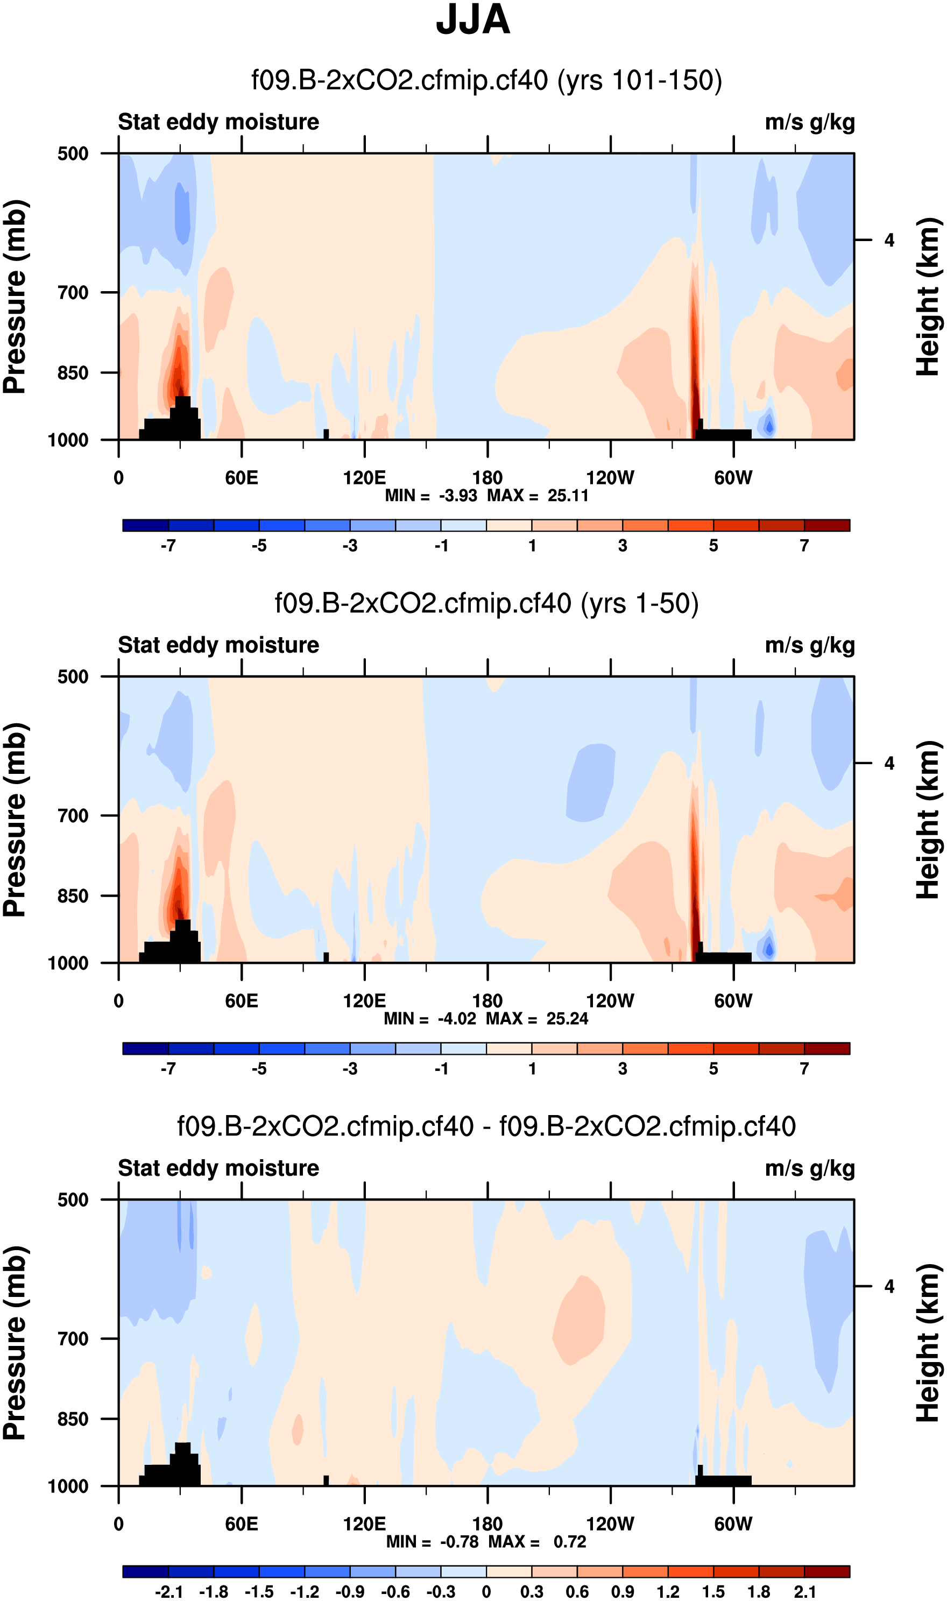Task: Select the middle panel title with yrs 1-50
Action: coord(486,604)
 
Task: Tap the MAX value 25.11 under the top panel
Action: coord(568,496)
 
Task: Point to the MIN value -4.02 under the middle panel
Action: coord(457,1018)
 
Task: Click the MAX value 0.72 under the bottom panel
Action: coord(570,1541)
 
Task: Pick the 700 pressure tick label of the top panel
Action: coord(73,293)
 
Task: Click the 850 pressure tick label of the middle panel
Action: coord(73,895)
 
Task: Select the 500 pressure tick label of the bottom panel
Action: coord(73,1200)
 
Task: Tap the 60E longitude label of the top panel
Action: coord(241,478)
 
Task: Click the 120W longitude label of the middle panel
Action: coord(610,1000)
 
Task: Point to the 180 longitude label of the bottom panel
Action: coord(487,1524)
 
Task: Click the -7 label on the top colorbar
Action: coord(168,546)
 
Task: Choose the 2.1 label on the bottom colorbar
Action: coord(805,1591)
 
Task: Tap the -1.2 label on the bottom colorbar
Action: coord(305,1591)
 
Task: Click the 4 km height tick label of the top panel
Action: coord(889,241)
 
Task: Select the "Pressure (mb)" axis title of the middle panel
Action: coord(15,820)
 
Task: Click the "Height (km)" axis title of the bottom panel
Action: coord(929,1343)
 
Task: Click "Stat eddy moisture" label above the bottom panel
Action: coord(218,1168)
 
